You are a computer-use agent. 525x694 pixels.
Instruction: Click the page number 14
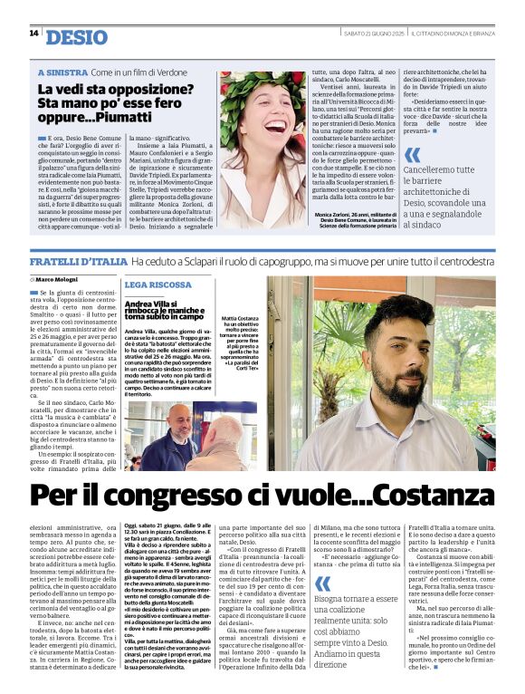(x=33, y=34)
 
